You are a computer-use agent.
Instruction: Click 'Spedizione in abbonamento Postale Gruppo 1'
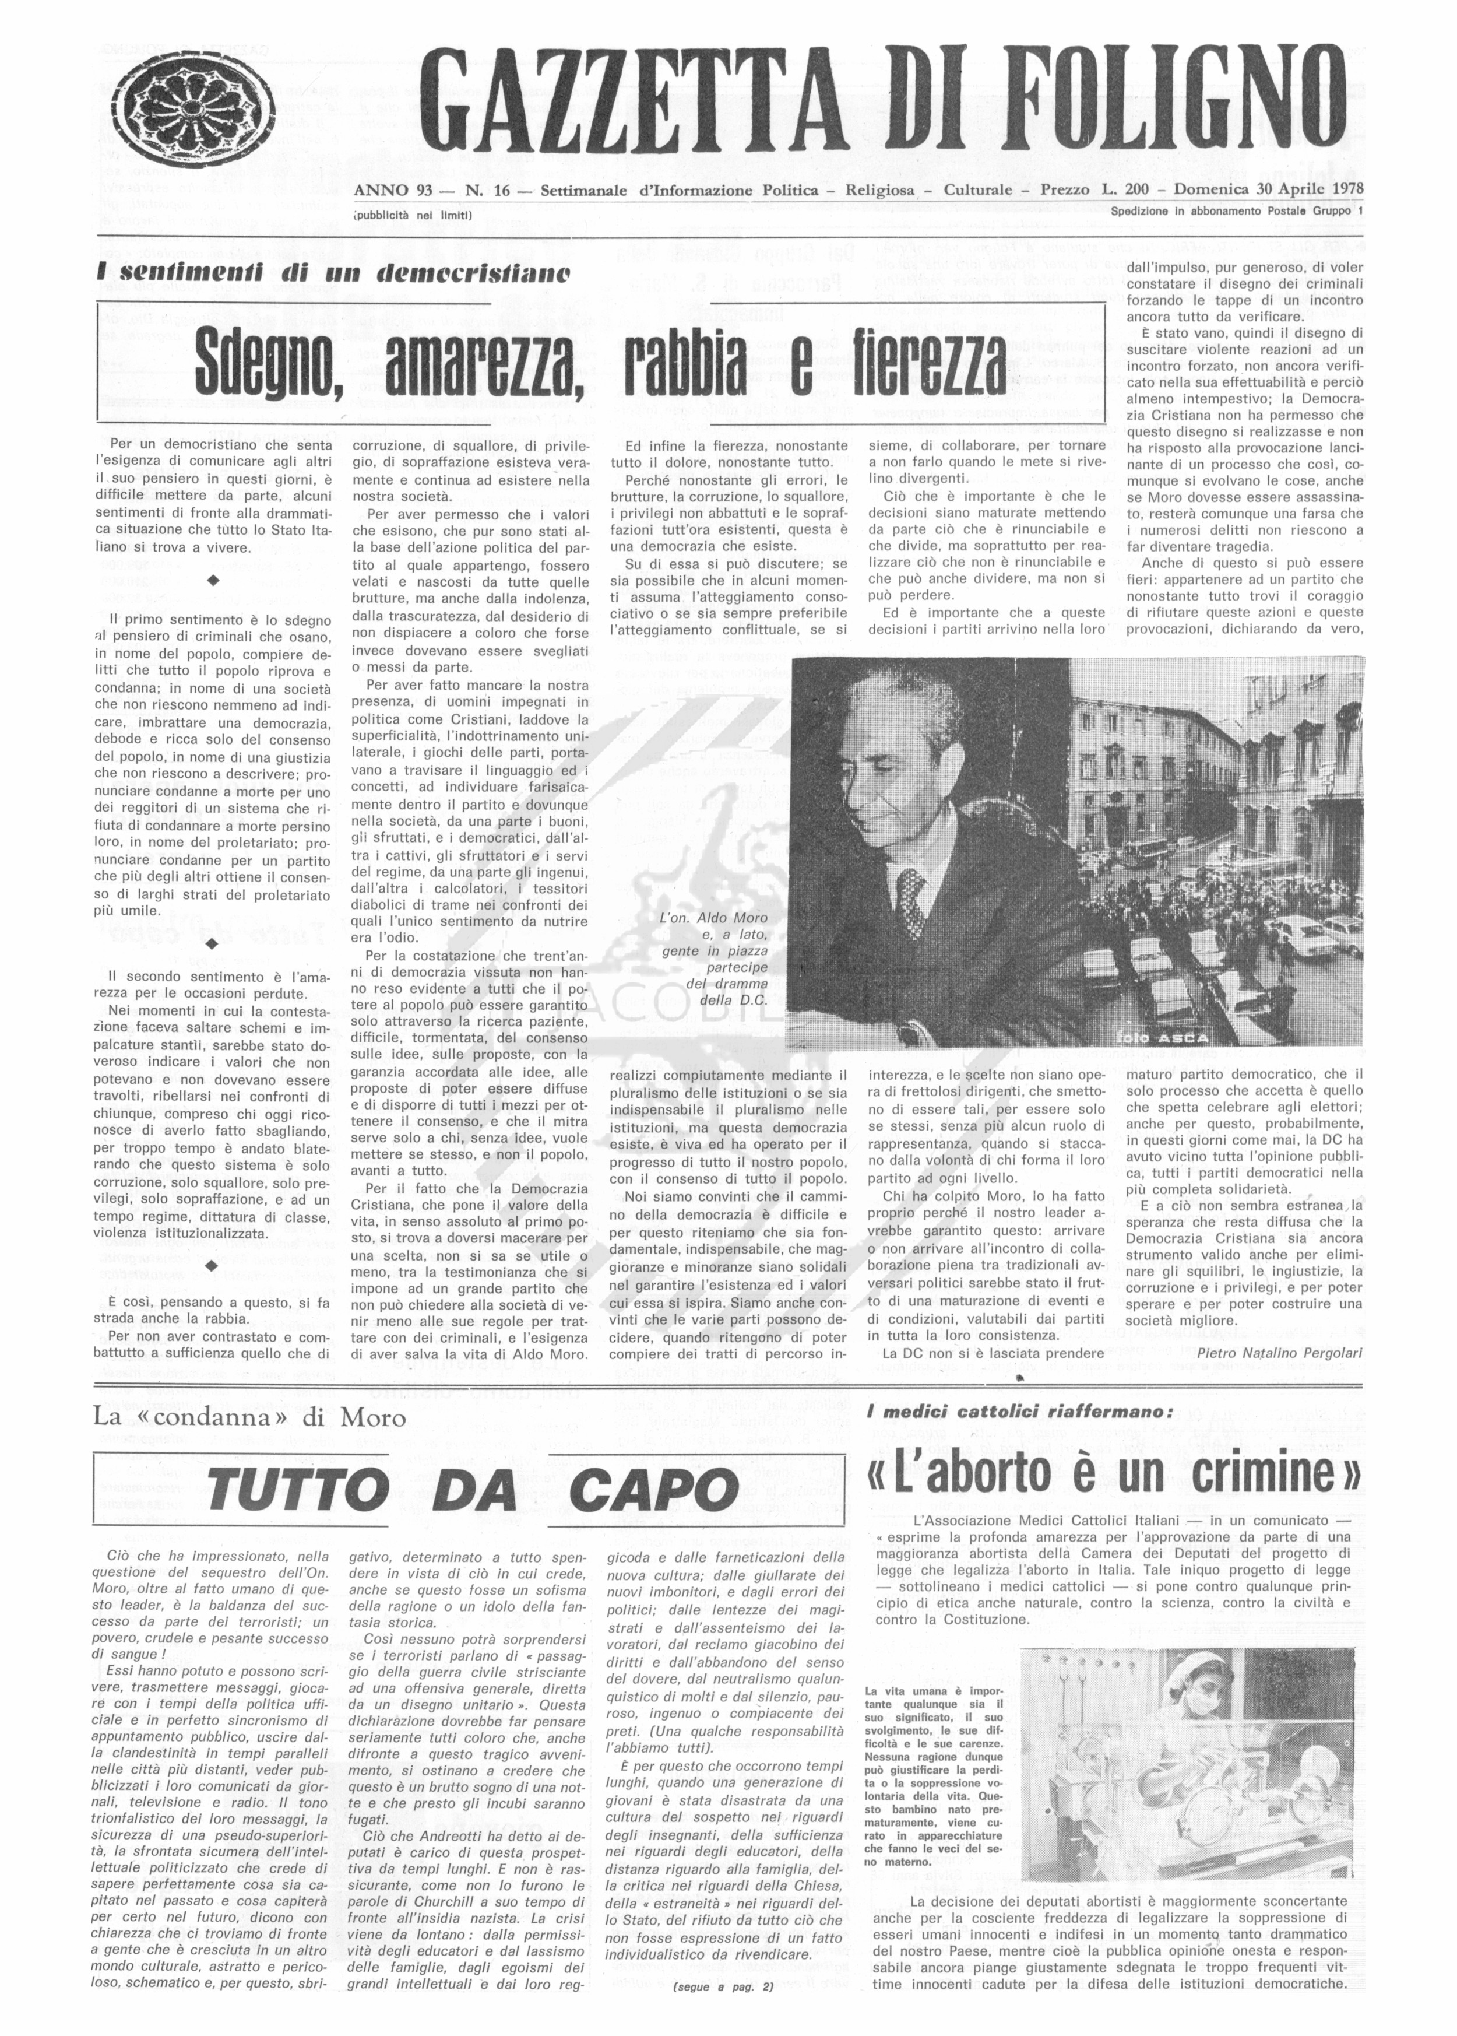(1236, 212)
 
